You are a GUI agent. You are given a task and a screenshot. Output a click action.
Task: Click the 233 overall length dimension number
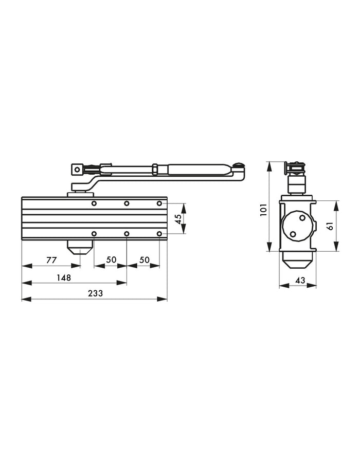point(95,293)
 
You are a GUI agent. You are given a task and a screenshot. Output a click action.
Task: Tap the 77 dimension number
point(51,261)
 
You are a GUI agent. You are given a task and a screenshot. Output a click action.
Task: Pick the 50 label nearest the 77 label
point(111,261)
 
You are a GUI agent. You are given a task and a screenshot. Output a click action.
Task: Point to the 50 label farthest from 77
point(144,261)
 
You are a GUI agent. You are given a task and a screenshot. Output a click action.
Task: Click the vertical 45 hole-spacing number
point(178,218)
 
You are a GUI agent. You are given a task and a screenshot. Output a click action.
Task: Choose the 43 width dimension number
point(300,281)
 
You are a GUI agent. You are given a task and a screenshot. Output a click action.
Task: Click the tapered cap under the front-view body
point(80,248)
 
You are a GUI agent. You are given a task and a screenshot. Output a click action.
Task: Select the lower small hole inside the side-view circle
point(293,235)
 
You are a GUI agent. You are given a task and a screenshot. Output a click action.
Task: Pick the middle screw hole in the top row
point(127,203)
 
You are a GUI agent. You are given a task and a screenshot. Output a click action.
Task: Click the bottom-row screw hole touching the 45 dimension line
point(159,234)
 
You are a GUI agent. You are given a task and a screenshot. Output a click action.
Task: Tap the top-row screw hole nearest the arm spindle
point(94,203)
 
